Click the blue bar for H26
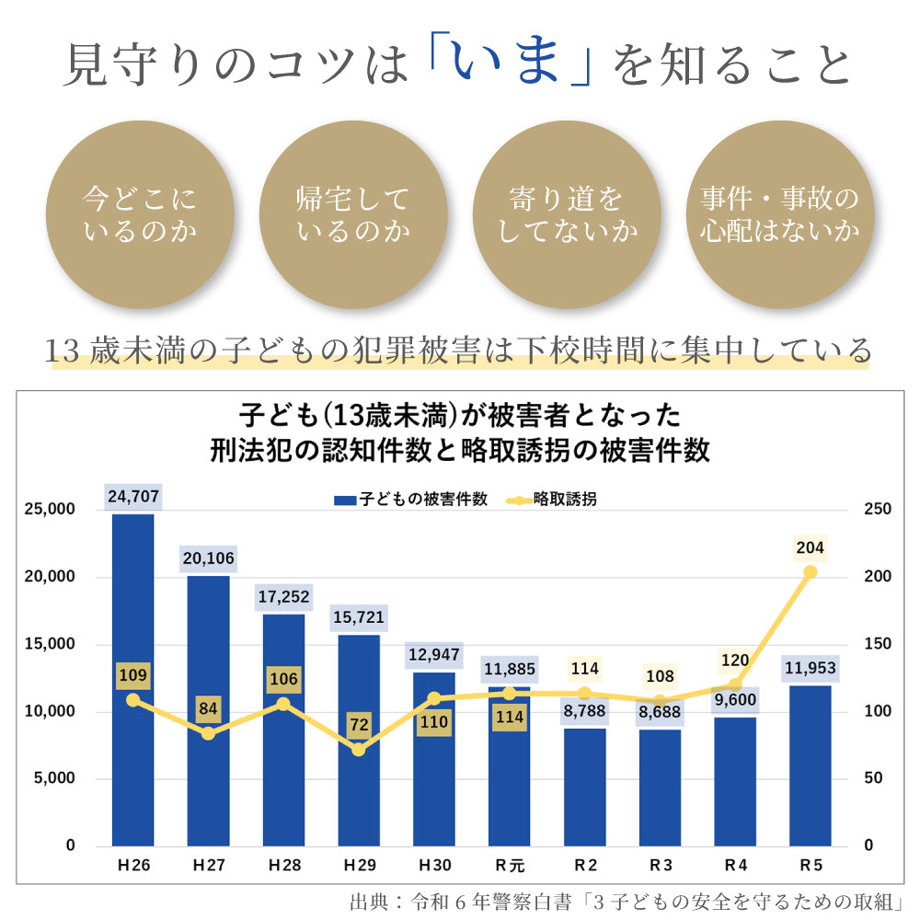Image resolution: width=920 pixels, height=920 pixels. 133,681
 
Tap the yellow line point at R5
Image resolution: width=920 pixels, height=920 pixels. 811,572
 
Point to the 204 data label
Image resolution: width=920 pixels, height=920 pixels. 811,549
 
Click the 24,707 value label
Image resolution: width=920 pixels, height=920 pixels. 133,498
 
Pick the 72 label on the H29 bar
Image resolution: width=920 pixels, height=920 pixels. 359,725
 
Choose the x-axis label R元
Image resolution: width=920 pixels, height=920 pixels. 509,866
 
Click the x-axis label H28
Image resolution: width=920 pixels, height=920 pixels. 283,866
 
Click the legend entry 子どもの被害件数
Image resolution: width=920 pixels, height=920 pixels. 410,500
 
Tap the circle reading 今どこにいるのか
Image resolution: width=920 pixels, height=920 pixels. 140,213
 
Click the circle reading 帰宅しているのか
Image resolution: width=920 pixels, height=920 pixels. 353,213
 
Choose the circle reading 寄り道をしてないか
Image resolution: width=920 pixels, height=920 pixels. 567,213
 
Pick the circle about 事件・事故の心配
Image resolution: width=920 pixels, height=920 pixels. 779,213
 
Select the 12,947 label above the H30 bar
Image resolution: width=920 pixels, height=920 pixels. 433,656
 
